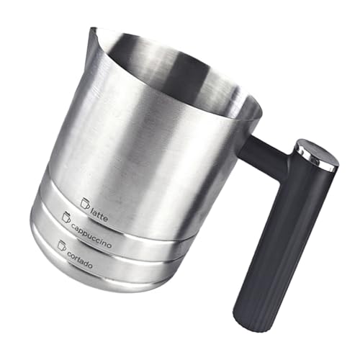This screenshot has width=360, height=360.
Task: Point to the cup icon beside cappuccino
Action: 67,216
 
